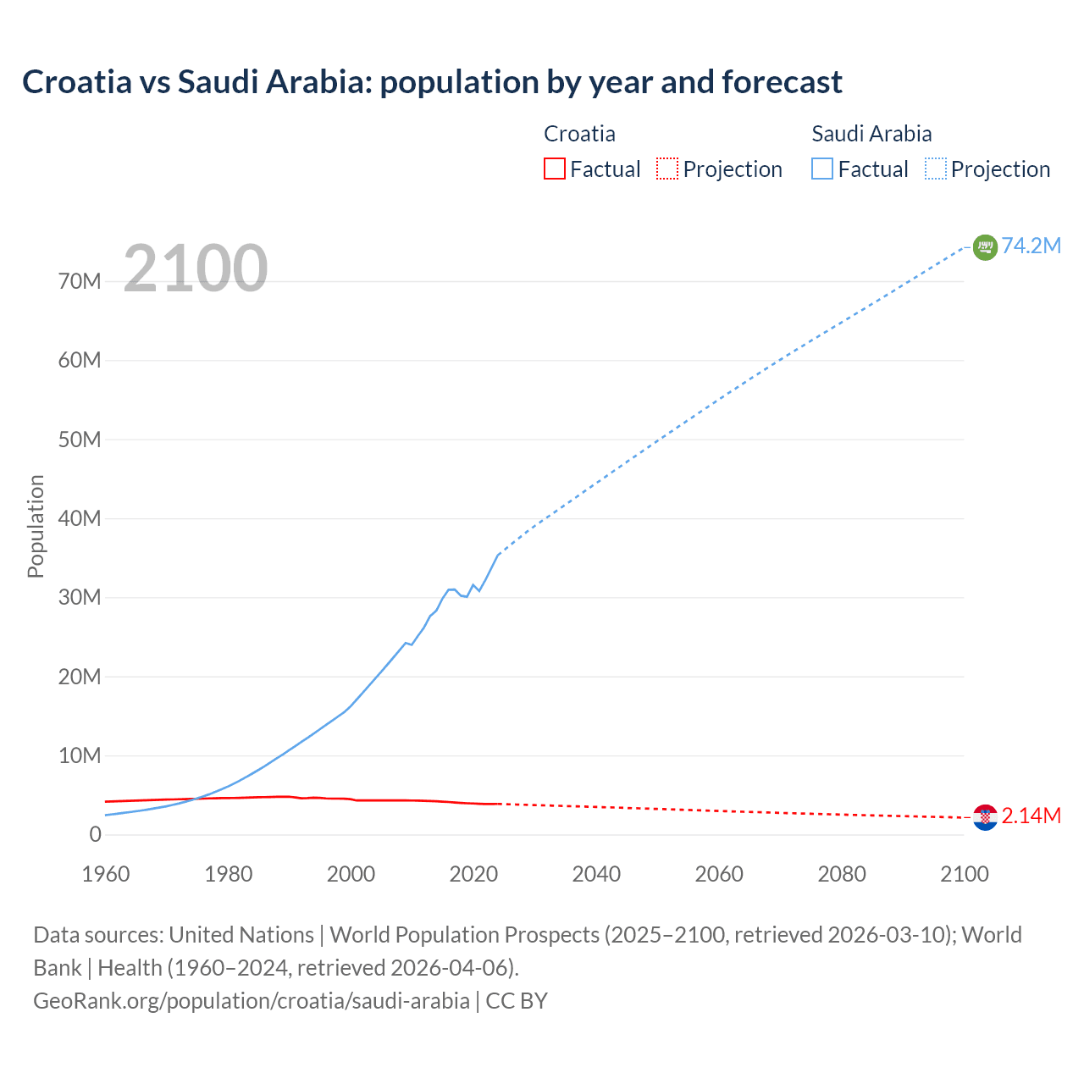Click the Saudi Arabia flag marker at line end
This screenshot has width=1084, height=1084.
click(x=985, y=247)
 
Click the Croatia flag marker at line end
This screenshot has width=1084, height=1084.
click(x=985, y=817)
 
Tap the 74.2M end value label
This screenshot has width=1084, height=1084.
click(x=1031, y=246)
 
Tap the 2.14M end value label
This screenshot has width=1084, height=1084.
click(x=1031, y=816)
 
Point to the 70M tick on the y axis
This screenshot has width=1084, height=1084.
click(x=80, y=281)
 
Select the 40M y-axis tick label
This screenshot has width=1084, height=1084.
click(x=80, y=518)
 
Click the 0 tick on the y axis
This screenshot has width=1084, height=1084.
click(x=95, y=834)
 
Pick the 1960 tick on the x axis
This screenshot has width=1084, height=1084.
click(x=106, y=874)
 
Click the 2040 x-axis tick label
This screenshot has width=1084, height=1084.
click(x=596, y=874)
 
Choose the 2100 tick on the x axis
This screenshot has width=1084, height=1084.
click(x=964, y=874)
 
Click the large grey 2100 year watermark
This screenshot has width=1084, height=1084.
click(x=196, y=268)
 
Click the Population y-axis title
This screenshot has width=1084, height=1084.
click(x=36, y=526)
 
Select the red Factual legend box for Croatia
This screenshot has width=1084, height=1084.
click(x=554, y=169)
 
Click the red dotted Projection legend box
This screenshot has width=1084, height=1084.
click(x=667, y=169)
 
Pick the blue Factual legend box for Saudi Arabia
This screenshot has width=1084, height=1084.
click(x=822, y=169)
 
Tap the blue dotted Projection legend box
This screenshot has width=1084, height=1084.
click(x=936, y=169)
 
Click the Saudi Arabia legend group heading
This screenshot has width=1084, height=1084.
click(x=871, y=134)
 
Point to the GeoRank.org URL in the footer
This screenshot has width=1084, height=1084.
click(x=252, y=1000)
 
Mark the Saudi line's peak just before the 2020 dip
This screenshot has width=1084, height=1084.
click(x=451, y=589)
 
